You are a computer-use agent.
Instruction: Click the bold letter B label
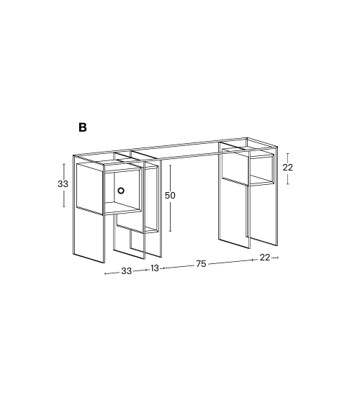[83, 127]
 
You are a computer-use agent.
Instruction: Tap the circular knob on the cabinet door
[121, 191]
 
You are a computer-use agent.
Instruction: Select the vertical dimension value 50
[170, 195]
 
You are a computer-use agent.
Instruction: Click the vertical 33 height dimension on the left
[63, 184]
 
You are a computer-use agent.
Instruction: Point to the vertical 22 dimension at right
[288, 167]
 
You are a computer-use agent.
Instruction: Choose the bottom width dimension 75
[201, 264]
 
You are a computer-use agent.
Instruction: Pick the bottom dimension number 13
[155, 268]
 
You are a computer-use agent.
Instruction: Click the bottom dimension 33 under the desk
[126, 271]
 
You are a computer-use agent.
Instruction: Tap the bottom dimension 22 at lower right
[265, 258]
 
